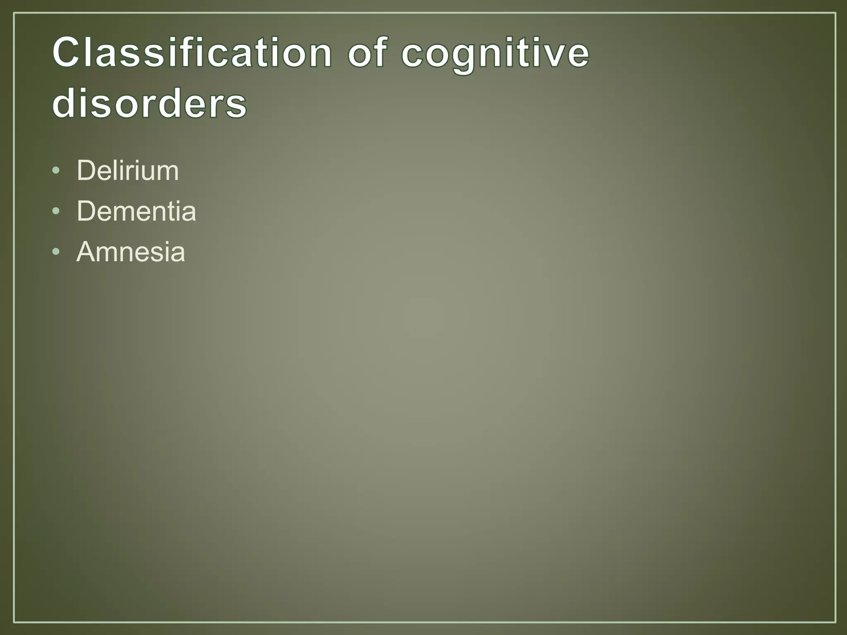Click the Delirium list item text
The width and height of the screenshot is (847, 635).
pyautogui.click(x=127, y=170)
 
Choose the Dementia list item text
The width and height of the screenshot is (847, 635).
pyautogui.click(x=136, y=211)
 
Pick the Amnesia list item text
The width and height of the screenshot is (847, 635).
pyautogui.click(x=131, y=252)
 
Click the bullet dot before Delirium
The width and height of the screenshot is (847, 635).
pyautogui.click(x=56, y=171)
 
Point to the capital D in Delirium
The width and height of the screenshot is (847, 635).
pyautogui.click(x=86, y=170)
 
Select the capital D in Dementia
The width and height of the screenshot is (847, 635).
pyautogui.click(x=86, y=211)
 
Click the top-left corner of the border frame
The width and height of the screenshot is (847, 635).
pyautogui.click(x=14, y=13)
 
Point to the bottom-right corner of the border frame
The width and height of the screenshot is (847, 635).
pyautogui.click(x=835, y=622)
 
